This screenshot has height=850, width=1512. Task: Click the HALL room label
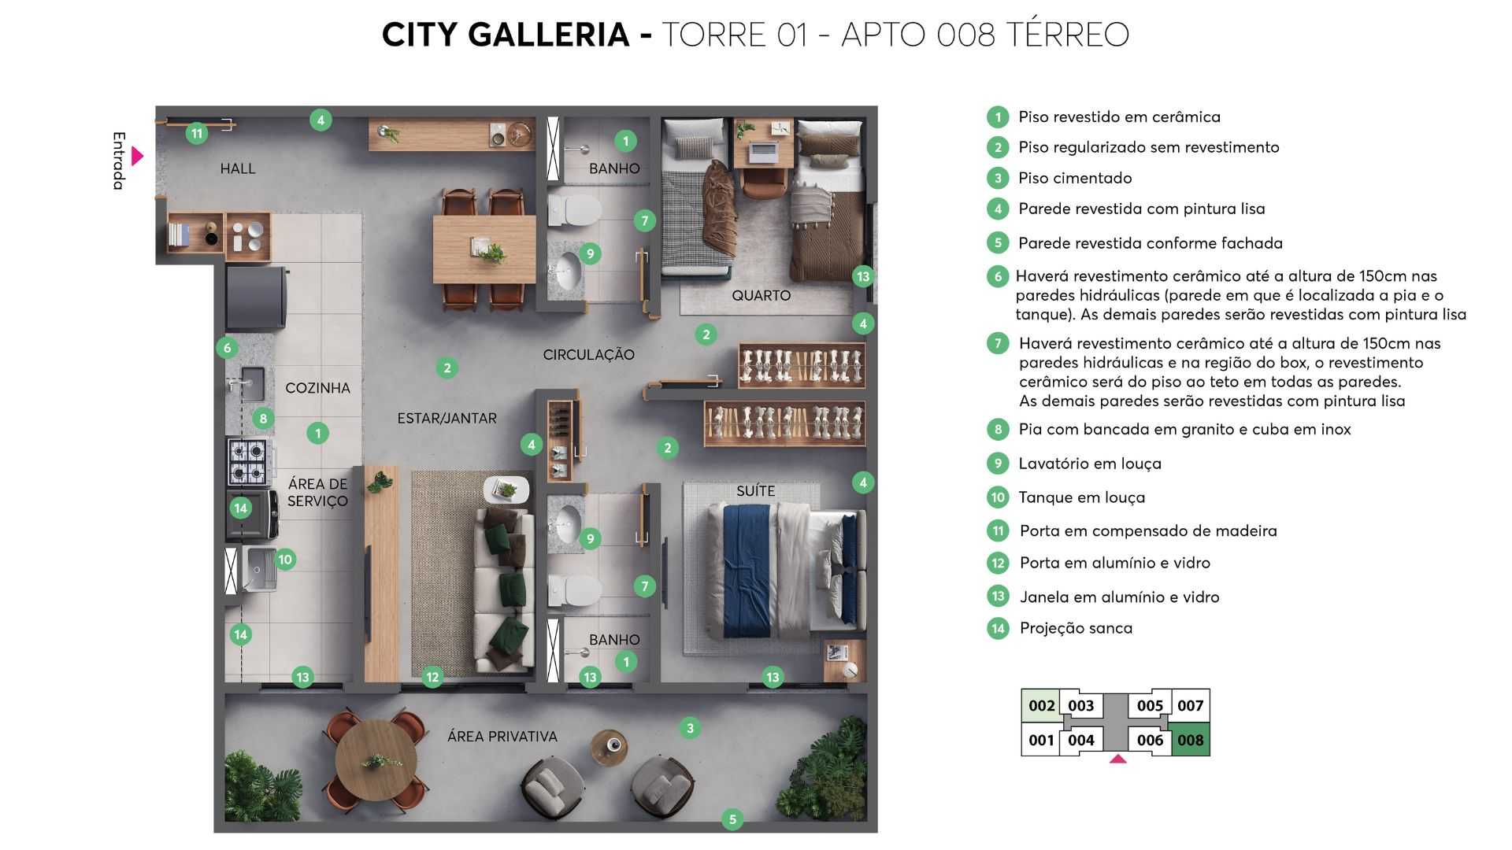click(x=237, y=168)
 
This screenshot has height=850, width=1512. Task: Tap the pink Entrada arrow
click(x=138, y=156)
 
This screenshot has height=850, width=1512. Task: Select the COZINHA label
click(x=317, y=388)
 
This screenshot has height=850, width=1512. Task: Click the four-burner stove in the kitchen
click(x=248, y=462)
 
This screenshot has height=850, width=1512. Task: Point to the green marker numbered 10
click(x=285, y=560)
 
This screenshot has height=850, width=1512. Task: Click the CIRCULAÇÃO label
click(x=588, y=355)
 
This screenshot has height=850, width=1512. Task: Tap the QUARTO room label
click(x=761, y=296)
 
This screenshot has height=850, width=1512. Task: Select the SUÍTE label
click(x=755, y=491)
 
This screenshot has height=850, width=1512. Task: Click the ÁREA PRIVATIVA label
click(x=502, y=737)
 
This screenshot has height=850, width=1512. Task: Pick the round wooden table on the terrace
click(x=376, y=760)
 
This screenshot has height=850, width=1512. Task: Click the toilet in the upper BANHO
click(x=574, y=210)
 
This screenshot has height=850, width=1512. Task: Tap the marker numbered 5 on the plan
click(x=732, y=819)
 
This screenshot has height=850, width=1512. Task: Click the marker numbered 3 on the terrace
click(x=690, y=728)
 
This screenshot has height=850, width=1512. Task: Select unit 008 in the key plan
click(x=1190, y=741)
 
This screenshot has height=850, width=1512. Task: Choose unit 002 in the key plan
click(x=1041, y=706)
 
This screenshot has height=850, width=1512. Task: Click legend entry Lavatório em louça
click(x=1089, y=464)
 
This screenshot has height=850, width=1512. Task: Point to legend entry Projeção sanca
click(x=1075, y=628)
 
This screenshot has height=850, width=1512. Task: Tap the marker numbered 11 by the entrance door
click(x=197, y=133)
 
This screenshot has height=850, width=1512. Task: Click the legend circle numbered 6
click(x=998, y=276)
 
